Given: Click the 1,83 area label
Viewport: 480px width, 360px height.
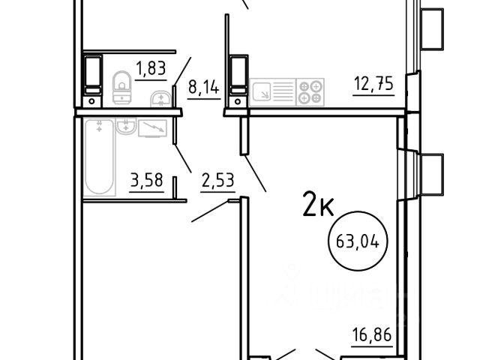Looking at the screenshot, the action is (151, 68).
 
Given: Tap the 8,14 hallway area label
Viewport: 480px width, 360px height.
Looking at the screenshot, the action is (204, 87).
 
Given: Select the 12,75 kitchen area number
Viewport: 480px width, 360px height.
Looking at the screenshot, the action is (373, 83).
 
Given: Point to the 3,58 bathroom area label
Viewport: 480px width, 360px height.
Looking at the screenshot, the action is (147, 180).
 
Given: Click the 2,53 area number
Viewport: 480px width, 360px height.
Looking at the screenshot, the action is (218, 180).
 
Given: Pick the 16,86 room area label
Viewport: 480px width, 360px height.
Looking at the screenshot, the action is (372, 334).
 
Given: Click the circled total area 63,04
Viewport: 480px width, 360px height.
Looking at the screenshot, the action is (358, 241).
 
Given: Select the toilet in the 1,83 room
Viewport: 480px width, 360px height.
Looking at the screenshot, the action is (122, 87).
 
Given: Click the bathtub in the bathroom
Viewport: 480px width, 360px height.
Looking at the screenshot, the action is (99, 157).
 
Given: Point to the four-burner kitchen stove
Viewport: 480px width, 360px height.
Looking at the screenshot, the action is (310, 92).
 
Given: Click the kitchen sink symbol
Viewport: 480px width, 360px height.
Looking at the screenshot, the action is (260, 91).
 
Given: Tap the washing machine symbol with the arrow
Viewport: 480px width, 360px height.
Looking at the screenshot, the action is (152, 128).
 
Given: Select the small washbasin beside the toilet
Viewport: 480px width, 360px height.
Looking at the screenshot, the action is (160, 99).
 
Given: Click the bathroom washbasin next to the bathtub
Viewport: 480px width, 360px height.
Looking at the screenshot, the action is (126, 126).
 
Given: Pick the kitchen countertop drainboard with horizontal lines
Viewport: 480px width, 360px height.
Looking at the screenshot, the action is (283, 91).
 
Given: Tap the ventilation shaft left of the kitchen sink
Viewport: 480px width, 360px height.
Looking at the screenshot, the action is (238, 81).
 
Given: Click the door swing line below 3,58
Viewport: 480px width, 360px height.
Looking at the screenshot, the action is (210, 211).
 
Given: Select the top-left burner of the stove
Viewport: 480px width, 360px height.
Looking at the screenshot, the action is (304, 87).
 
